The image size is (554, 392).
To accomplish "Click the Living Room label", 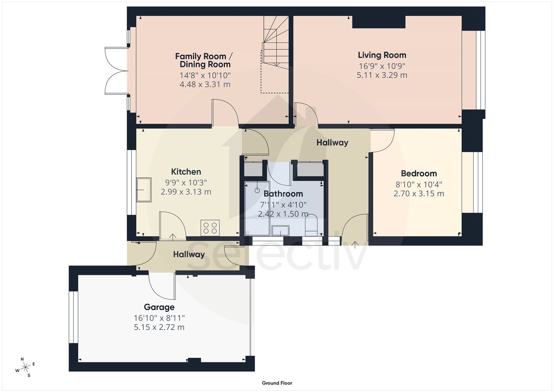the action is coord(382,55).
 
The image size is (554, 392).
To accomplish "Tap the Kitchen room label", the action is coord(186,172).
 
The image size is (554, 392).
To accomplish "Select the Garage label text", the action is coord(159,307).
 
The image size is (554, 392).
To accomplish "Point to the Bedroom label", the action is coord(419,173).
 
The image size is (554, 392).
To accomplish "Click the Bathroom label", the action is coord(283,194).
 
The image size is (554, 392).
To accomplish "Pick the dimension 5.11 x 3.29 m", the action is coord(382,75).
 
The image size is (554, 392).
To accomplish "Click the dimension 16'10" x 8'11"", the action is coord(159,318).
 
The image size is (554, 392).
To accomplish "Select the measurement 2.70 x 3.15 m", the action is coord(419,193).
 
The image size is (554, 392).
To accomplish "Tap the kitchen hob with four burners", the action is coord(210,228).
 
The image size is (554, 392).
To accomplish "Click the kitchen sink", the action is coord(144,190).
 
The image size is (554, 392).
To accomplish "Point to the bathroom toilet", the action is coord(311,225).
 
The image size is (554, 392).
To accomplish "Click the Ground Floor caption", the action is coord(277,383).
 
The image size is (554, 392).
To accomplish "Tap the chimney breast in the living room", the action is coord(379,22).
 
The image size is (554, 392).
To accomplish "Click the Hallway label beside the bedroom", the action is coord(332,143).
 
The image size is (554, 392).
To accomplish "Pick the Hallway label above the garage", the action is coord(189,254).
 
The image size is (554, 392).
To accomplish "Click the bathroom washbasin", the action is coord(280,230).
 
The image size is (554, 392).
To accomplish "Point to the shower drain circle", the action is coord(257,190).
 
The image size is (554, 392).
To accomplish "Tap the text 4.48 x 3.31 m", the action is coord(205,84).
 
